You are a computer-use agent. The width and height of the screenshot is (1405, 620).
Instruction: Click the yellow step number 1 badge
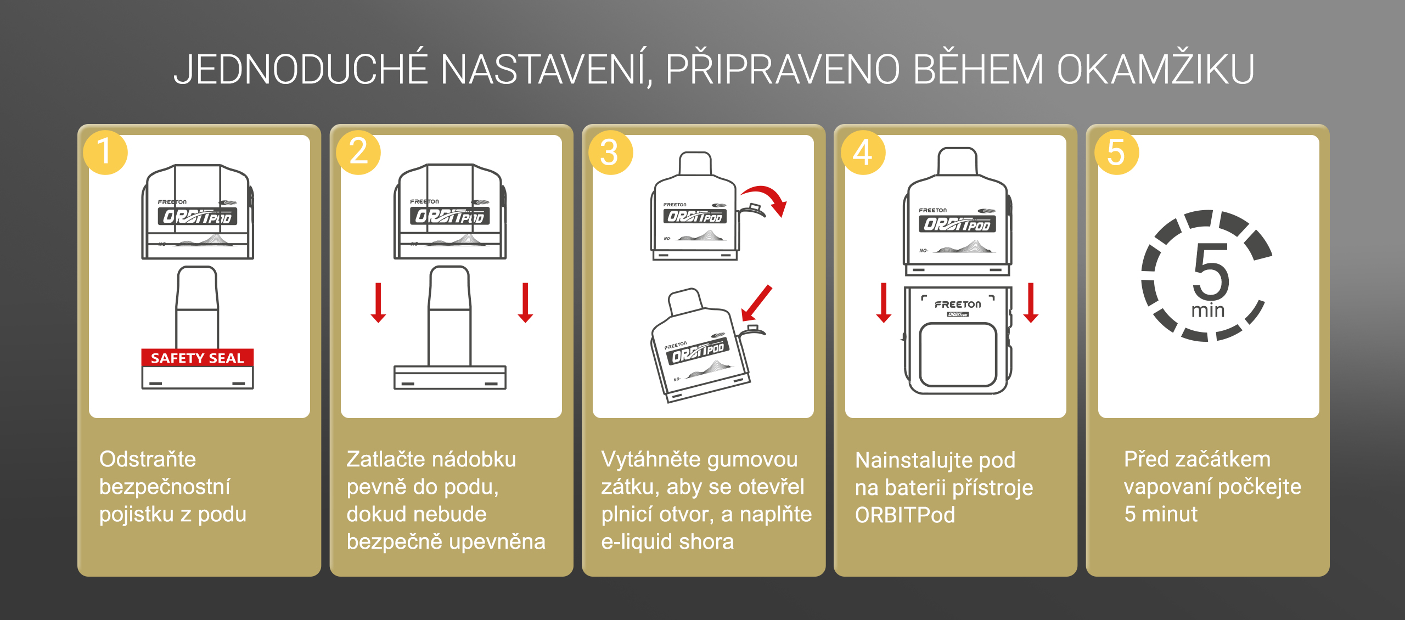(105, 153)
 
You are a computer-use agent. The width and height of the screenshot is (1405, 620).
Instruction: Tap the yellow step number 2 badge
(358, 153)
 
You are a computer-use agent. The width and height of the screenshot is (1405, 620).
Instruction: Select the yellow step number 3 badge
(610, 153)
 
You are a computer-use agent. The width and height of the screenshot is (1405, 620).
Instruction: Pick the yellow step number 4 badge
(863, 153)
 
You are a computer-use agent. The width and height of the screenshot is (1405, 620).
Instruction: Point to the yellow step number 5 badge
(1116, 153)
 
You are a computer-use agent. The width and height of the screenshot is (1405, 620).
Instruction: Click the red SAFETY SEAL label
(198, 358)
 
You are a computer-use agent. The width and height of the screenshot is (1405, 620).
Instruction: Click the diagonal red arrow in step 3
(756, 303)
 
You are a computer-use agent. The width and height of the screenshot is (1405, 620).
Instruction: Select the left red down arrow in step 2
(378, 302)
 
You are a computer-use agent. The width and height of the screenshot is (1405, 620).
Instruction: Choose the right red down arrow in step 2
(525, 302)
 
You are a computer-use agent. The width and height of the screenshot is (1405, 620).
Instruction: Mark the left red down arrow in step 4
(884, 302)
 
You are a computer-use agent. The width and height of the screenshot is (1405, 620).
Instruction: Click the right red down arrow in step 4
(1031, 302)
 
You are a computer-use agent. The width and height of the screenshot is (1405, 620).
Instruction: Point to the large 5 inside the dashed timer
(1210, 272)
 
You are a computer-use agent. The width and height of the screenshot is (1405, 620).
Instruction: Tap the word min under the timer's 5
(1208, 311)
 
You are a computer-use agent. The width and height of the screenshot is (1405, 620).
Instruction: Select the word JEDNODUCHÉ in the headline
(300, 70)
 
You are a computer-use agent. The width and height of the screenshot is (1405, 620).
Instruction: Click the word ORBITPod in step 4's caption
(905, 515)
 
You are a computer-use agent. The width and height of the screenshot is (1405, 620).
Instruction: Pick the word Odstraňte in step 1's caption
(148, 459)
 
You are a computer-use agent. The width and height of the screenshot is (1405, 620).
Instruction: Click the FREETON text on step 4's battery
(958, 305)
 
